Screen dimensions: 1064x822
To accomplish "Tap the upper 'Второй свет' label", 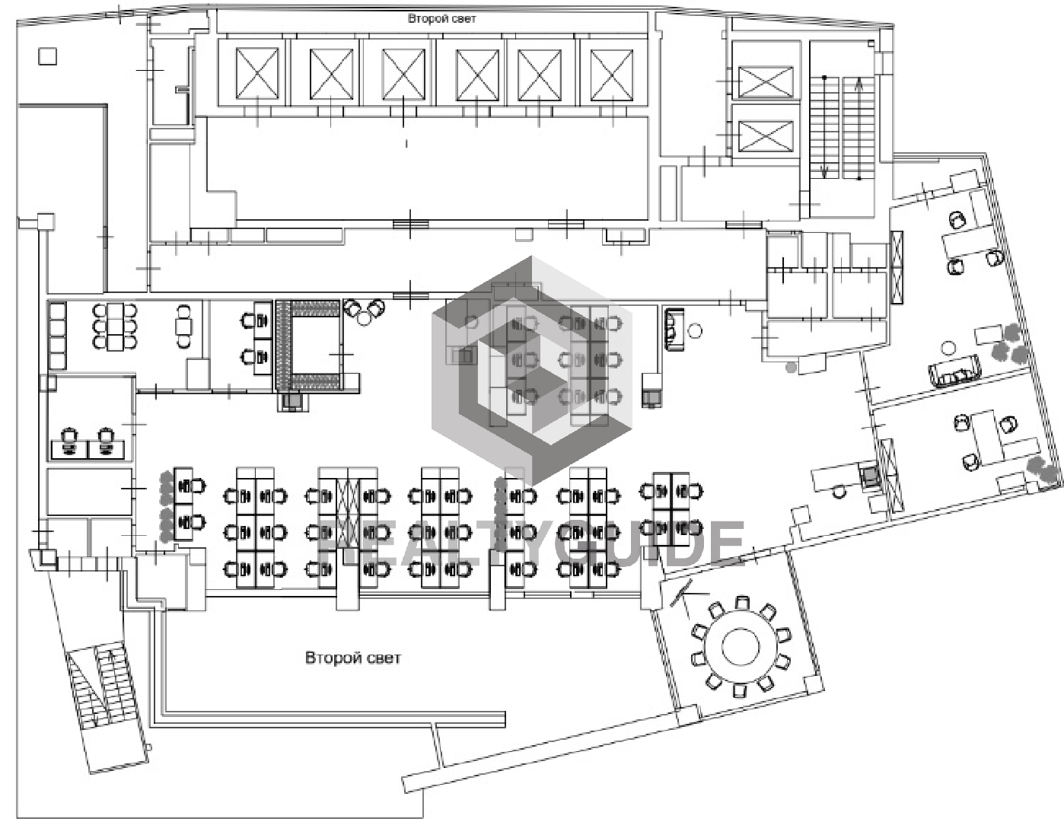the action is coord(441,19).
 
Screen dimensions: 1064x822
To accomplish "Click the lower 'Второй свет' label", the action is coord(352,658).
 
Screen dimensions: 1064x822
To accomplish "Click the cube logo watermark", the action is coord(532,370).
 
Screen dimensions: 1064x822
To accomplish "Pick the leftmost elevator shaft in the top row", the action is coord(257,73).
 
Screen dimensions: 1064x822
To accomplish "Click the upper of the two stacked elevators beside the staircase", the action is coord(766,82).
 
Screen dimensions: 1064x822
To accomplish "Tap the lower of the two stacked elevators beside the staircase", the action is coord(766,136).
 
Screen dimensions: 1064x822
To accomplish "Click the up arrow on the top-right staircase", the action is coord(859,129).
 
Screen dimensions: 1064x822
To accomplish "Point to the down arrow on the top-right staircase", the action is coord(824,127).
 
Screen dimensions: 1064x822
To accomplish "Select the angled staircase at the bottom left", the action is coord(102,686).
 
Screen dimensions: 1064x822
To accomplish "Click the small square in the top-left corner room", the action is coord(47,56).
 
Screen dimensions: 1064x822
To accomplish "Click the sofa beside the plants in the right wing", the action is coord(955,372).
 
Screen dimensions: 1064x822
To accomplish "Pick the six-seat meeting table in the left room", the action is coord(115,326).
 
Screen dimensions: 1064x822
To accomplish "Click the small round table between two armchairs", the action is coord(365,319).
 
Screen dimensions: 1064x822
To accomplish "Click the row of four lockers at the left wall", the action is coord(57,336).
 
